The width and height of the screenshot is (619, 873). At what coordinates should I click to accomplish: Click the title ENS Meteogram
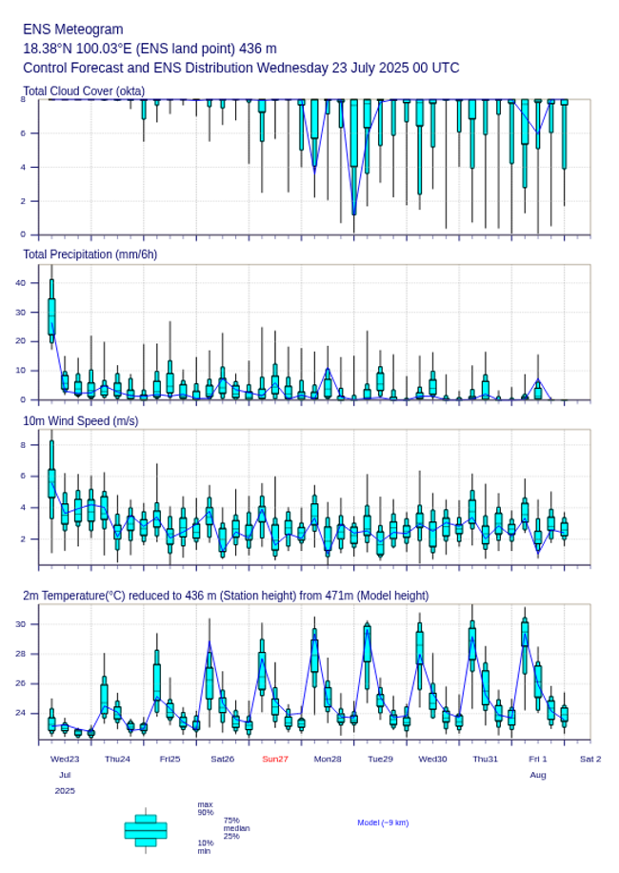[x=72, y=30]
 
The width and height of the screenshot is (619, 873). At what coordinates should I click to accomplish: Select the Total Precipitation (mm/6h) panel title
[x=90, y=254]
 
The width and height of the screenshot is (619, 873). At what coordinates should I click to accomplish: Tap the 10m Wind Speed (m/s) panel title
[x=80, y=420]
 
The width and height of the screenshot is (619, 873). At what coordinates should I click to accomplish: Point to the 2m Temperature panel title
[x=226, y=596]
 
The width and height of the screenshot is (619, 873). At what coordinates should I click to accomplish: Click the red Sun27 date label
[x=275, y=759]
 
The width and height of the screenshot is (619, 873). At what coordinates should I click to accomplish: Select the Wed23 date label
[x=65, y=759]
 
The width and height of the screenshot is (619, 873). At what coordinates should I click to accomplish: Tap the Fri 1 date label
[x=538, y=759]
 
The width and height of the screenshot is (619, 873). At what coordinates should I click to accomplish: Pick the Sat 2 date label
[x=590, y=759]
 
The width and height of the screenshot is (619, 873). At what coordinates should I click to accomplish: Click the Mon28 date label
[x=328, y=759]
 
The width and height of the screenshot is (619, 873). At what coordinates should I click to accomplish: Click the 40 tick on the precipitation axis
[x=20, y=282]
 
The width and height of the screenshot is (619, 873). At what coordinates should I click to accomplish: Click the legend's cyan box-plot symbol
[x=146, y=830]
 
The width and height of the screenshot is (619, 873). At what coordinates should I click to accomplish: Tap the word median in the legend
[x=236, y=828]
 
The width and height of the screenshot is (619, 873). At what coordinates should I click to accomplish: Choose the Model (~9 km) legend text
[x=383, y=822]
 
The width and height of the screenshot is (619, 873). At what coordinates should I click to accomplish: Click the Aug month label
[x=538, y=775]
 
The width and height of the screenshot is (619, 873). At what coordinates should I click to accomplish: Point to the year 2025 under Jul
[x=65, y=791]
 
